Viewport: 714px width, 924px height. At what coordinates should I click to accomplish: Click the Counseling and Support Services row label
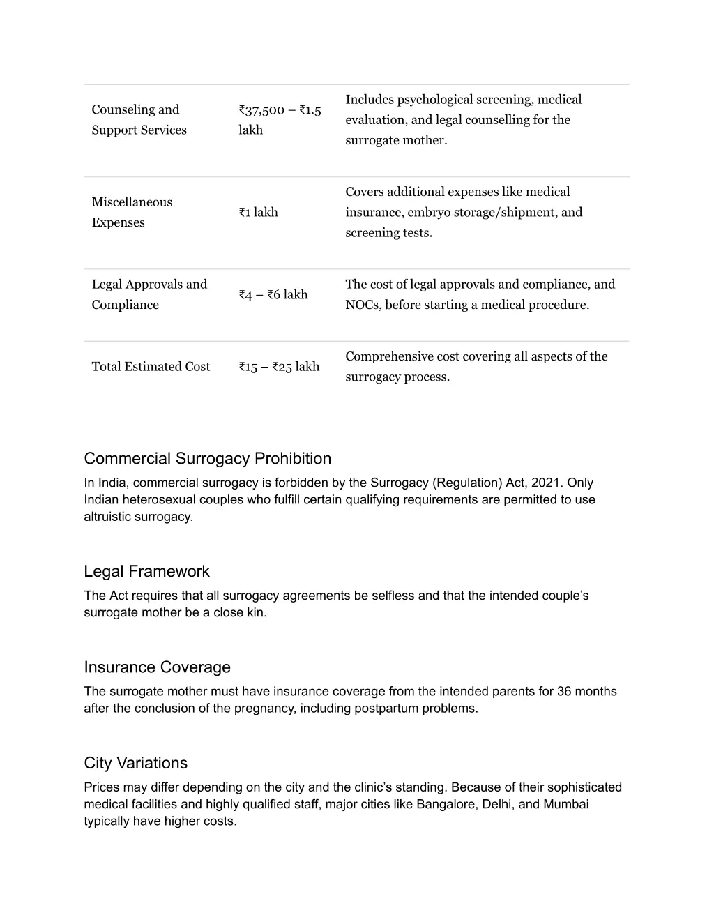(139, 120)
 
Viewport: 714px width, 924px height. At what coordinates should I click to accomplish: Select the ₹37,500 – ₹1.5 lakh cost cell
(279, 120)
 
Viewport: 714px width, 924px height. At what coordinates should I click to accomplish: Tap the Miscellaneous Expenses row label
(132, 212)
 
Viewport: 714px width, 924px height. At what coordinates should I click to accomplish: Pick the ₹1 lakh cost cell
(258, 212)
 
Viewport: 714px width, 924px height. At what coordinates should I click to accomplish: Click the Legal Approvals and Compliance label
(149, 294)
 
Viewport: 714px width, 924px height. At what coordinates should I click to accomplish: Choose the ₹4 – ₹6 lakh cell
(273, 294)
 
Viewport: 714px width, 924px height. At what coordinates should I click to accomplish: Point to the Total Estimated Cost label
(151, 367)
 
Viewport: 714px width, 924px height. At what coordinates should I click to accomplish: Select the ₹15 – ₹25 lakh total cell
(279, 367)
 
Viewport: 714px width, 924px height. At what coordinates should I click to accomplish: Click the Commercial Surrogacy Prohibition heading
(207, 458)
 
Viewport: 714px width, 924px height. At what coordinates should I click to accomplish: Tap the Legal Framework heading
(146, 571)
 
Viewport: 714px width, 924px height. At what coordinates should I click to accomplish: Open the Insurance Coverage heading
(157, 667)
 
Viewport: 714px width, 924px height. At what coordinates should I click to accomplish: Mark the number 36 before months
(564, 691)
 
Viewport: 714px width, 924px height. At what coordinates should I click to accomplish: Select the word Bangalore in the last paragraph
(446, 804)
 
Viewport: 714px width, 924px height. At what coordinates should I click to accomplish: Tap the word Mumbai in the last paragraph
(566, 804)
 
